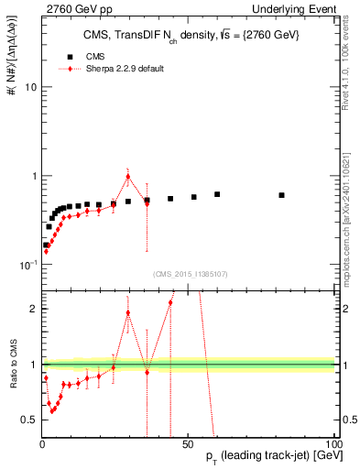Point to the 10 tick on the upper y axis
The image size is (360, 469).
[x=29, y=88]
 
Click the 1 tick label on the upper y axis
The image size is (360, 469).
[x=33, y=176]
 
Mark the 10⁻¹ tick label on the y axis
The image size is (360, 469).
[x=27, y=265]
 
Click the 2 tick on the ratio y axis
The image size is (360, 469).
[x=32, y=309]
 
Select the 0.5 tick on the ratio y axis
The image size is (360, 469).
[x=28, y=420]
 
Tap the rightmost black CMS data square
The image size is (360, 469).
[x=282, y=195]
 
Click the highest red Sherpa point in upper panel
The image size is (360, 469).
[x=128, y=177]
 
